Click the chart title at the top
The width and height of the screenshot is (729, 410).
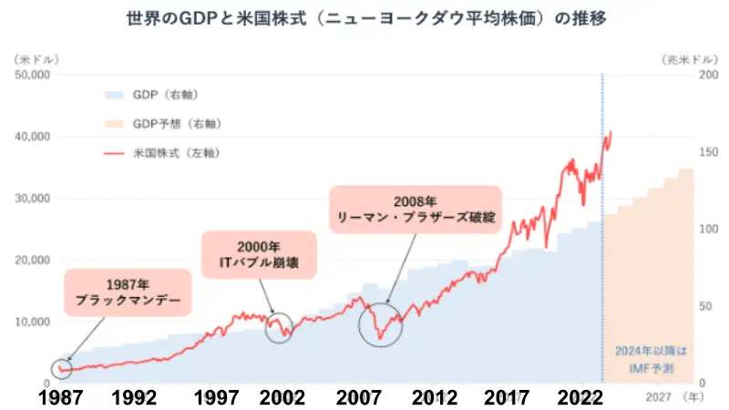tap(364, 18)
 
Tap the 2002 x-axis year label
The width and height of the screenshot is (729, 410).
tap(282, 397)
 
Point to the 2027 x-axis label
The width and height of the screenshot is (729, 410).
tap(661, 397)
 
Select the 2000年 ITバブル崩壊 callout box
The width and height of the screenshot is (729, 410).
tap(259, 255)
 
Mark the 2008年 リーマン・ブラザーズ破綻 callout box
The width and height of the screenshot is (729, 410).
tap(416, 210)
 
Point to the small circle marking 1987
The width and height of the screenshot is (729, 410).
tap(61, 368)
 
